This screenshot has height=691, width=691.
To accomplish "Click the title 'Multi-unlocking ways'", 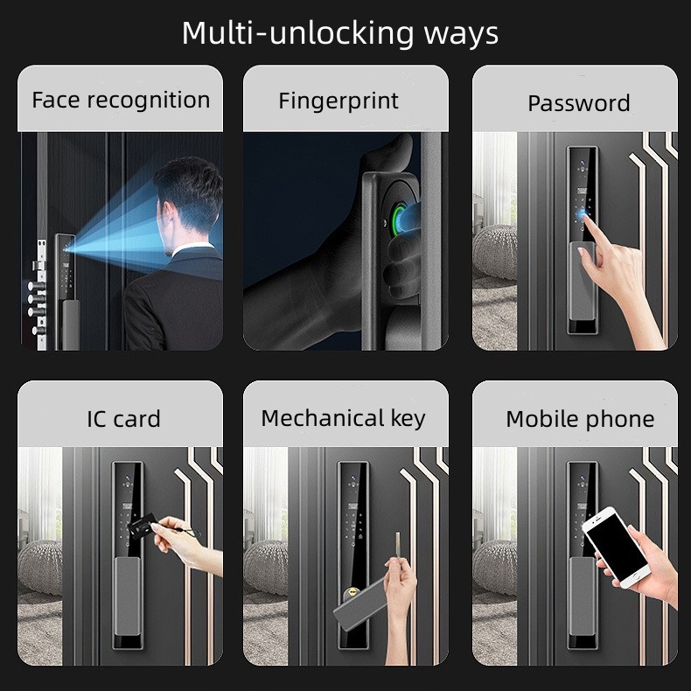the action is (x=339, y=33).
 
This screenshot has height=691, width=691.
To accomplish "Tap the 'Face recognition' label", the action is (x=121, y=101).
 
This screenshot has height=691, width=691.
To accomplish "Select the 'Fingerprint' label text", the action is (x=339, y=101).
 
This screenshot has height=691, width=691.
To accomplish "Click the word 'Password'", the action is (x=579, y=104).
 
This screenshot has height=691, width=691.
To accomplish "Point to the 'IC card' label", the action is (x=123, y=419).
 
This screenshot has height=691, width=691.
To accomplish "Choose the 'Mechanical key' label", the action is (x=343, y=419).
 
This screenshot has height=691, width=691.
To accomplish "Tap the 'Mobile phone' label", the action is (x=580, y=420).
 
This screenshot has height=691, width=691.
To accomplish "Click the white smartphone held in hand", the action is (x=616, y=547).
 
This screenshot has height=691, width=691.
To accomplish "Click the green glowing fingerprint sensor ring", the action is (x=398, y=221).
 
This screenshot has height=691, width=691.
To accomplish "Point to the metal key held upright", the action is (x=398, y=546).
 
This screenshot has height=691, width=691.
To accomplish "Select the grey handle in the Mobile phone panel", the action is (x=583, y=597).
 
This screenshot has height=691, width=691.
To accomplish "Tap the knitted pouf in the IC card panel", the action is (x=40, y=567).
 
